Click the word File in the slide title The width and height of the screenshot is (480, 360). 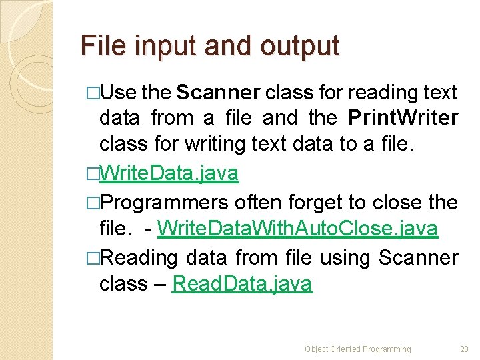tap(99, 45)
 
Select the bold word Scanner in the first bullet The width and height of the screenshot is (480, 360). tap(217, 93)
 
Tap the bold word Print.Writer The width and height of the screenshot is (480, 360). tap(403, 119)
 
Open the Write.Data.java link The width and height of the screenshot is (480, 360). tap(169, 174)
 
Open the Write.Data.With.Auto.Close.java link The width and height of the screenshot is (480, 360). tap(298, 229)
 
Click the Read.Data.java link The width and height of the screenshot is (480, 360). tap(241, 284)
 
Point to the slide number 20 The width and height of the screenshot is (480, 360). tap(464, 349)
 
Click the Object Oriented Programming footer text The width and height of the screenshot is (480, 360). tap(357, 349)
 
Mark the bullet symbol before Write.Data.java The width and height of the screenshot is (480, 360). tap(92, 175)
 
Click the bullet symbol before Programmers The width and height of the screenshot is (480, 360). tap(92, 203)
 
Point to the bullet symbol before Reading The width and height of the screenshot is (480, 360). tap(92, 258)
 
